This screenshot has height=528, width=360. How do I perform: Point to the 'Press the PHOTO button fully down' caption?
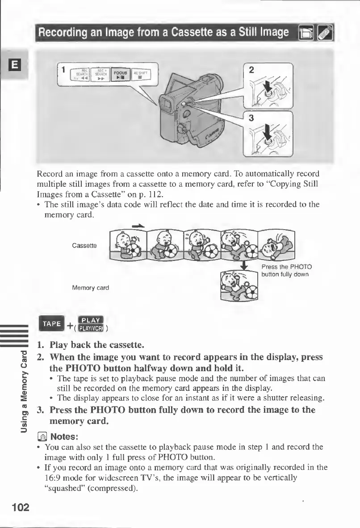286,271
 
